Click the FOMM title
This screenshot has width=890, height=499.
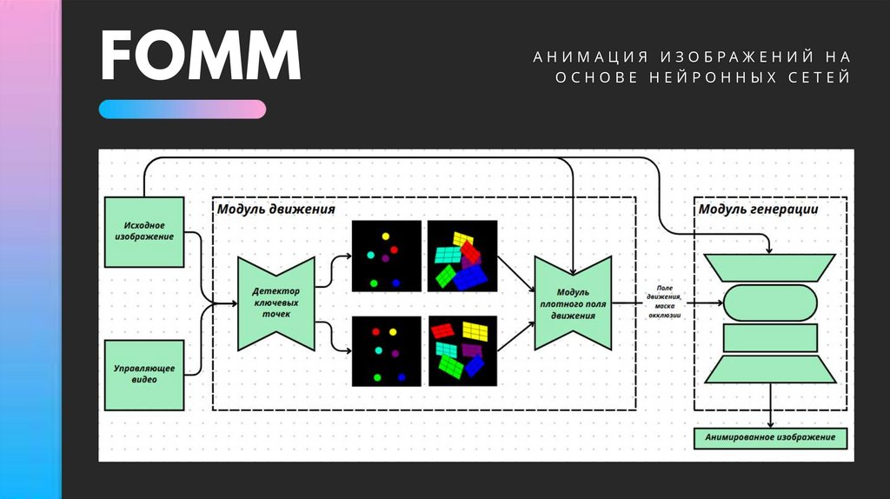[200, 57]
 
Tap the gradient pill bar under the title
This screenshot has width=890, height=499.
[182, 109]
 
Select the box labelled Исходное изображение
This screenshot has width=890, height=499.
[144, 232]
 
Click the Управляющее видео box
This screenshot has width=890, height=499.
[144, 375]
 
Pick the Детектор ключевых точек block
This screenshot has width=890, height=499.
[276, 303]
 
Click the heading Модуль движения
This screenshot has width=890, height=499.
[276, 210]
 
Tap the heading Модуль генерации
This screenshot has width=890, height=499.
[759, 210]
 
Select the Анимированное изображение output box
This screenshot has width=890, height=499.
[771, 436]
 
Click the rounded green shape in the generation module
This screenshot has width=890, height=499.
[771, 303]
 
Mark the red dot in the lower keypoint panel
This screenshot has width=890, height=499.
[375, 331]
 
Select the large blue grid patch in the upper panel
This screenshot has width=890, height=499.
[470, 277]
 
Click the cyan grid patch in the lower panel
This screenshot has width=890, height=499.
[446, 349]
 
